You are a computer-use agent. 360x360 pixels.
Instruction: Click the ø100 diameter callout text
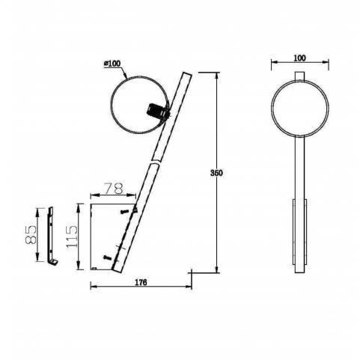[112, 64]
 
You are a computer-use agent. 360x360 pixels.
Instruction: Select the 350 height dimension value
[216, 173]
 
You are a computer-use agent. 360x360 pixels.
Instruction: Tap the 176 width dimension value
[141, 282]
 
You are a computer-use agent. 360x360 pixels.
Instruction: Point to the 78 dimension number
[114, 189]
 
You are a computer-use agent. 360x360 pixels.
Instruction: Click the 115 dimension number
[72, 236]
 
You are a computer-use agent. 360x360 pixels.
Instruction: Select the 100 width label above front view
[299, 58]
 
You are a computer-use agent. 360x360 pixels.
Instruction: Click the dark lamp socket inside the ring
[157, 112]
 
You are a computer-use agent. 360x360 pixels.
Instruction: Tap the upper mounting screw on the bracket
[124, 212]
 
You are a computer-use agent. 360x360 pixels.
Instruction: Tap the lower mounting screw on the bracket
[107, 257]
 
